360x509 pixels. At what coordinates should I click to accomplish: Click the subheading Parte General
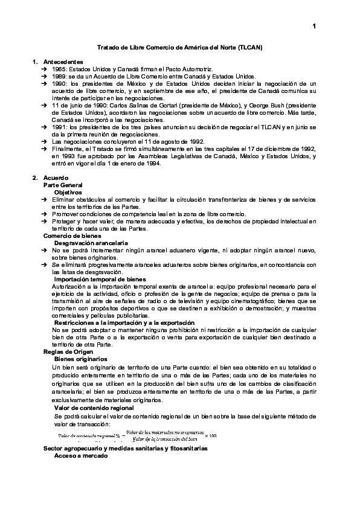pos(63,184)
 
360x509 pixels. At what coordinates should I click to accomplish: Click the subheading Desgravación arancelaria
pos(91,243)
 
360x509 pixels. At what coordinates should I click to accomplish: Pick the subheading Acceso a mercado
pos(80,457)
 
